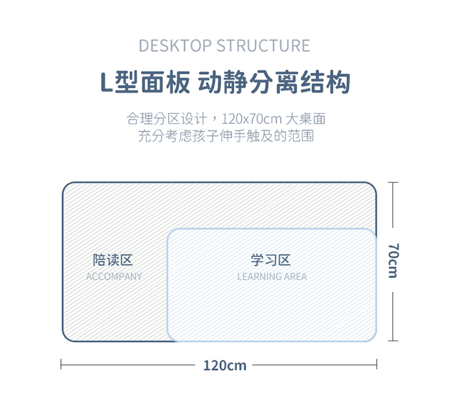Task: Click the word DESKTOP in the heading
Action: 175,46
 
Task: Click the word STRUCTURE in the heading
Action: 263,46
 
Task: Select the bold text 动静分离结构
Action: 274,83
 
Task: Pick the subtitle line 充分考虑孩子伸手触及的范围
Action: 226,136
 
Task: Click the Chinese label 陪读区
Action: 113,260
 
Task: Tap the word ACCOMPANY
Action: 114,277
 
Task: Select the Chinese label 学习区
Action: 271,260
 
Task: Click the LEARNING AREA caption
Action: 272,277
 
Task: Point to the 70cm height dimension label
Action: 393,260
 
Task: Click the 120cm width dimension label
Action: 225,365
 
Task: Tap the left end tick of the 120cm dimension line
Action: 61,364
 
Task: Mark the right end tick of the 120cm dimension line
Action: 377,364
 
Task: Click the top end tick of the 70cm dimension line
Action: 393,183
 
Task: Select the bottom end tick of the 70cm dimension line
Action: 393,341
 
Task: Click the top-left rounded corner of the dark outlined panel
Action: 67,187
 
